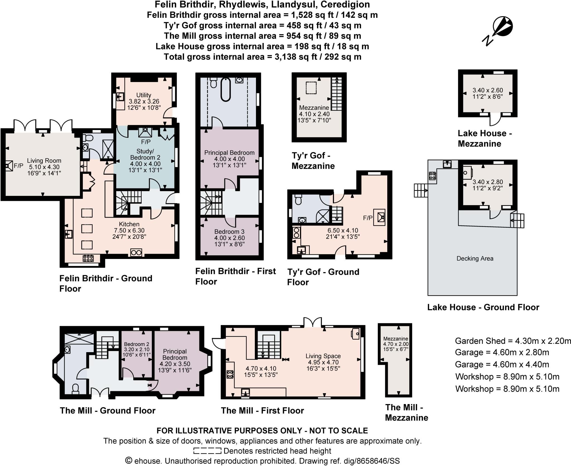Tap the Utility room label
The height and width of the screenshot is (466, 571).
coord(144,95)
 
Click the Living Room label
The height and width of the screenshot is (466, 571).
coord(44,161)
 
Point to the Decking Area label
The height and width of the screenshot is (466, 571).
coord(475,258)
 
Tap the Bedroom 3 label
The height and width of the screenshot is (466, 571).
coord(229,232)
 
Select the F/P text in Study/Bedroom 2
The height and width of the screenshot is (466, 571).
coord(146,142)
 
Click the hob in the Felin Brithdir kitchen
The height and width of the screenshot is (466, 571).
coord(88,258)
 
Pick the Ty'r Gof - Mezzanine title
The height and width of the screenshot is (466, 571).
coord(313,161)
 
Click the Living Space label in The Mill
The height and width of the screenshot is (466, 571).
coord(323,356)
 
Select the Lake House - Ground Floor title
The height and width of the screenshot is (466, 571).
coord(483,307)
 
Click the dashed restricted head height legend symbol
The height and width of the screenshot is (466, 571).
coord(207,451)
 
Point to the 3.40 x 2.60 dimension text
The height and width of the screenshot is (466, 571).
coord(488,90)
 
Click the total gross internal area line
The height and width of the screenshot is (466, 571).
coord(262,57)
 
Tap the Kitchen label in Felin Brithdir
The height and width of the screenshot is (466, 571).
coord(129,224)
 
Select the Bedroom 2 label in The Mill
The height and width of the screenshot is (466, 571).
coord(137,344)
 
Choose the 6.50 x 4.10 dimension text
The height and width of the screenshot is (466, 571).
coord(343,230)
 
